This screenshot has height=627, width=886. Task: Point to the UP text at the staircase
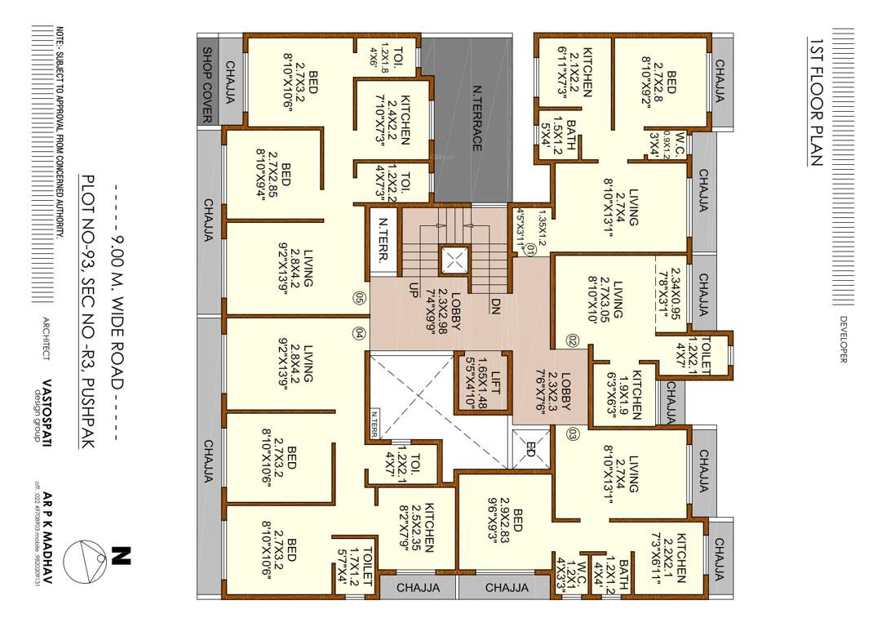(x=414, y=290)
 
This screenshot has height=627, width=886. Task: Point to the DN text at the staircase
(x=495, y=305)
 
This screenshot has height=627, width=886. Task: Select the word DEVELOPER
(x=843, y=338)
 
